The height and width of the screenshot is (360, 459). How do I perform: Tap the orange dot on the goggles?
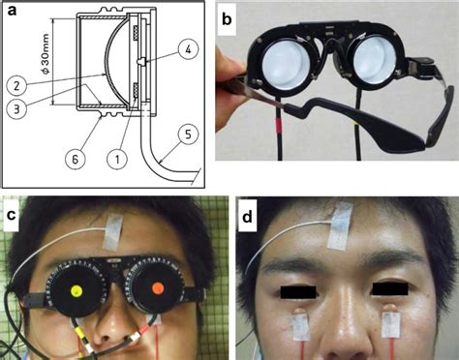coord(157,289)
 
